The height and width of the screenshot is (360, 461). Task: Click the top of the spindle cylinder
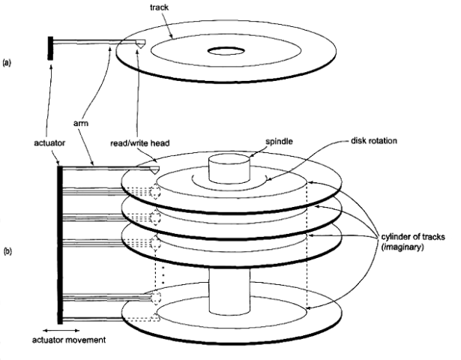click(228, 160)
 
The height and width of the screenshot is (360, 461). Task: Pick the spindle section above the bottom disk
click(228, 289)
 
